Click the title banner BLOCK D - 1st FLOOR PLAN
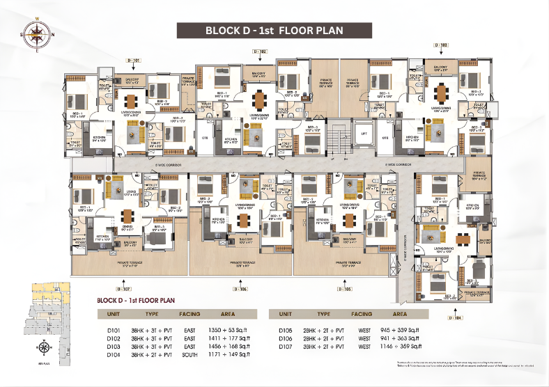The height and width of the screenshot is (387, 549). pyautogui.click(x=274, y=31)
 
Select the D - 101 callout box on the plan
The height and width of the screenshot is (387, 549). pyautogui.click(x=134, y=61)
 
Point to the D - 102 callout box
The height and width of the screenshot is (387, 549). pyautogui.click(x=259, y=52)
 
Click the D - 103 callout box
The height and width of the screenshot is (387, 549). pyautogui.click(x=441, y=45)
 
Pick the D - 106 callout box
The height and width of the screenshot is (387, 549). pyautogui.click(x=240, y=288)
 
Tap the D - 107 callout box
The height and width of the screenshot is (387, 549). pyautogui.click(x=124, y=288)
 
